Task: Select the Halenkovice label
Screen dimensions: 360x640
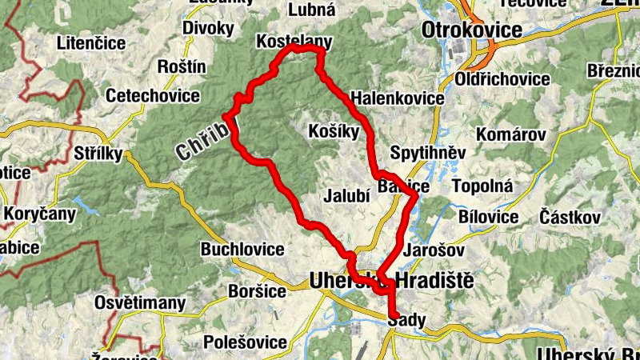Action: [x=397, y=98]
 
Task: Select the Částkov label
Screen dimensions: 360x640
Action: [x=570, y=217]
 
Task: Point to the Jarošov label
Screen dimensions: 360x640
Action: [x=436, y=250]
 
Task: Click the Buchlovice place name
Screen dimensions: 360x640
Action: [x=242, y=249]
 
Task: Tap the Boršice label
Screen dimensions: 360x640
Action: [x=257, y=291]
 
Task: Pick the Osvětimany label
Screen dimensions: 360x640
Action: [x=140, y=303]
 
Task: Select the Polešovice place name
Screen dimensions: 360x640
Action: [x=246, y=342]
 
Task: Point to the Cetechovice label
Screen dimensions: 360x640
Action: [x=153, y=96]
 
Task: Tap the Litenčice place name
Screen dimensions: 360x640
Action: [x=92, y=43]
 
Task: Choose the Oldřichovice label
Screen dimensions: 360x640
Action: [x=502, y=79]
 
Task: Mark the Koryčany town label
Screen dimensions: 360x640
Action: [x=40, y=214]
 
